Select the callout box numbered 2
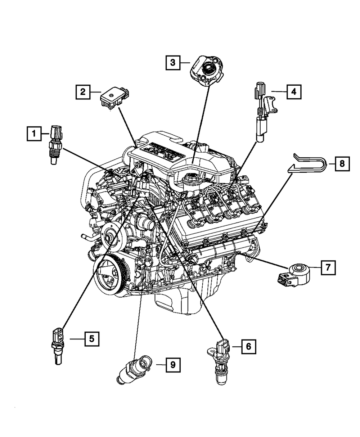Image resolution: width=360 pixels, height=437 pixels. pos(83,93)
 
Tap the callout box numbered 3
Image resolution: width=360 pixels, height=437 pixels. pos(173,63)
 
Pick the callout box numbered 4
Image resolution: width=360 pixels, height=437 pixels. pos(294,92)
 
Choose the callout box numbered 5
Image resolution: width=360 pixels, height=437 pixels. pos(92,338)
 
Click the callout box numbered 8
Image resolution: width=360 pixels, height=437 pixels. pos(342,164)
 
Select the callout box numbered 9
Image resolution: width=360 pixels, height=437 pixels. pos(173,365)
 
